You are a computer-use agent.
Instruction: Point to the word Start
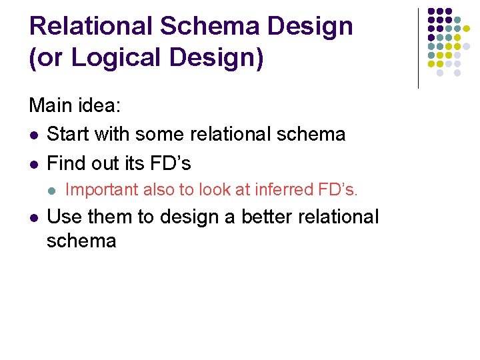(68, 134)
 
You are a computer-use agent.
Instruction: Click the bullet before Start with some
(33, 135)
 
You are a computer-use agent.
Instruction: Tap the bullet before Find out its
(33, 163)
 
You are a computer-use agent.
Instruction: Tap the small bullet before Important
(51, 191)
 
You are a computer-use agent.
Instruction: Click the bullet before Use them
(33, 217)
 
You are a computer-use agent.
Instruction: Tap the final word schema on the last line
(81, 241)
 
